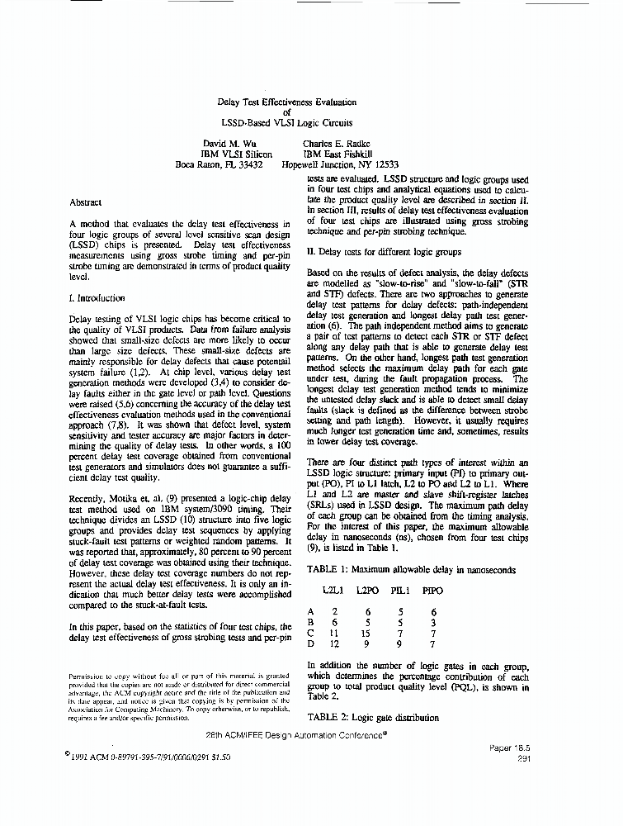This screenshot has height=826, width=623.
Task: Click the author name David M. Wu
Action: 225,143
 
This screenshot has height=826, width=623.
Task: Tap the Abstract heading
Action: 86,202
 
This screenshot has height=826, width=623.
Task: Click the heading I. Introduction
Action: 97,298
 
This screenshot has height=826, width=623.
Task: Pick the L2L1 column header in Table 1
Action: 335,591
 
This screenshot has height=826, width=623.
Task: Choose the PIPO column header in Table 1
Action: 432,591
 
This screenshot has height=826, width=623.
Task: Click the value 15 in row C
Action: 367,633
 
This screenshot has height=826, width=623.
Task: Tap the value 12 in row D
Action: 333,643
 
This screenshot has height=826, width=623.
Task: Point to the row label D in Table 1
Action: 311,643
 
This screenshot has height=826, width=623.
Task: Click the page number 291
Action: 522,757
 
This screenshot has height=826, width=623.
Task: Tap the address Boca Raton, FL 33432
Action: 219,164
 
